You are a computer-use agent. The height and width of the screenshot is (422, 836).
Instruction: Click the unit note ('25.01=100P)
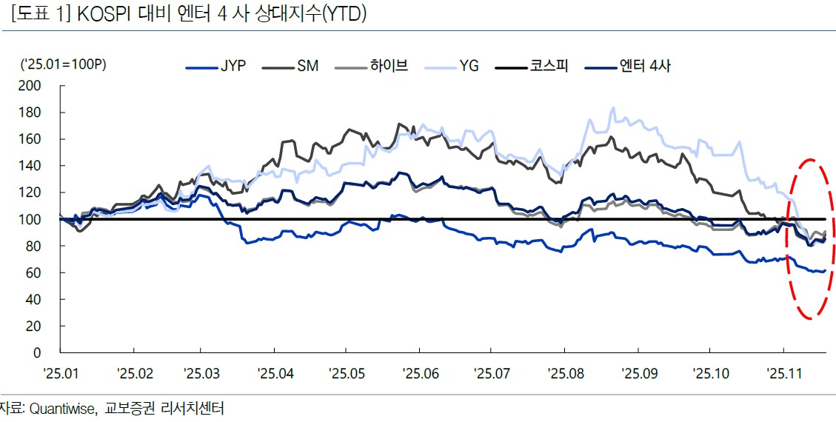(63, 65)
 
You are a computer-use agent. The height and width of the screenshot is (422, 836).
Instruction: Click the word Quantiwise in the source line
(61, 408)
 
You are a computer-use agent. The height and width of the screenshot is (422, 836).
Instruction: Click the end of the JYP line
(825, 271)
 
